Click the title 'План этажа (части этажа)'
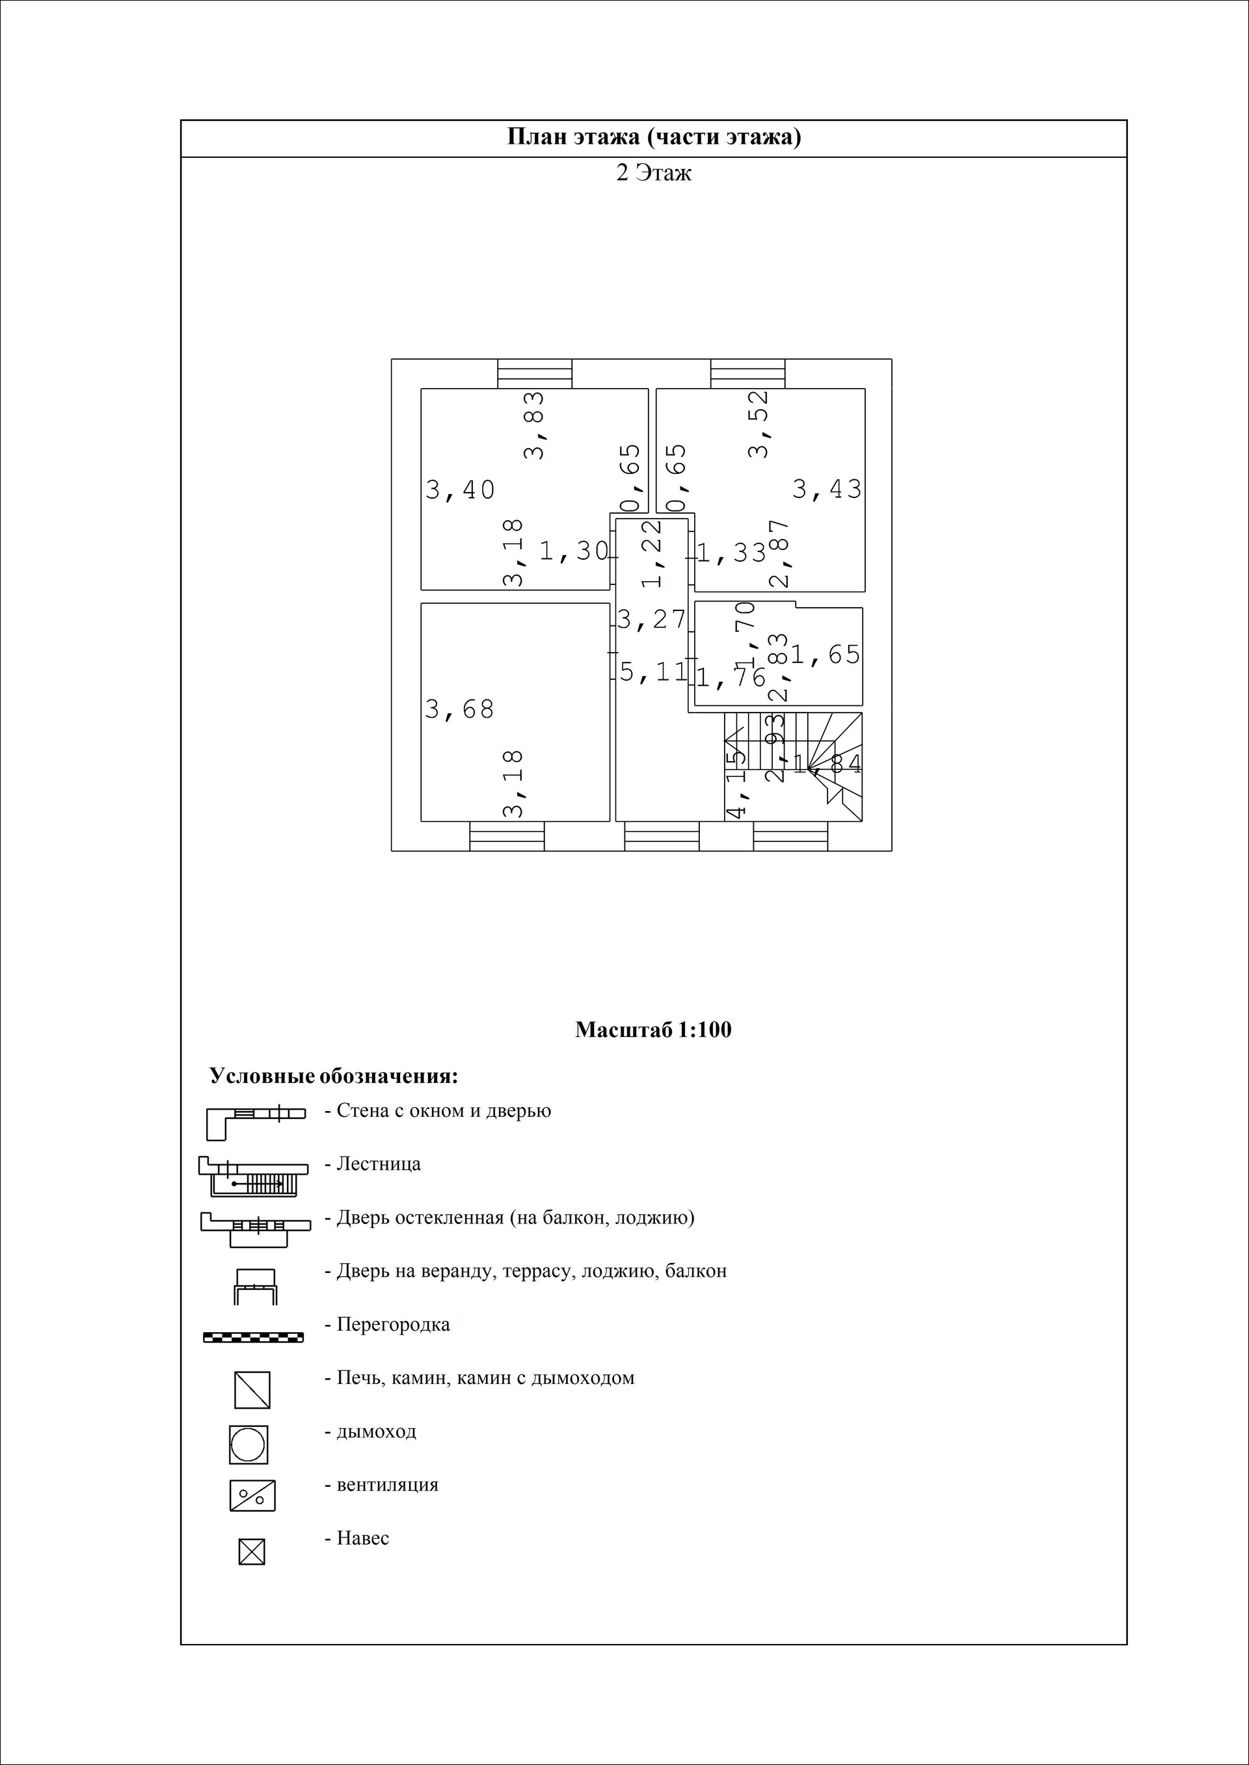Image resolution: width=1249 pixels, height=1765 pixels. tap(654, 138)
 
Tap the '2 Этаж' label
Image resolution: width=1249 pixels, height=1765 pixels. tap(654, 173)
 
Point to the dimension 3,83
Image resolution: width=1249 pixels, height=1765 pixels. tap(533, 425)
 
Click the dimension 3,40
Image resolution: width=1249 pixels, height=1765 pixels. tap(460, 490)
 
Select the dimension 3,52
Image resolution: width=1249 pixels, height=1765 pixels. tap(759, 425)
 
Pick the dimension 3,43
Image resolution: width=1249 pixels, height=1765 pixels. tap(827, 489)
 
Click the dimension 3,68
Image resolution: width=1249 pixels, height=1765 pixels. tap(459, 709)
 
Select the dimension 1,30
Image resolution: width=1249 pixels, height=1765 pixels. tap(574, 551)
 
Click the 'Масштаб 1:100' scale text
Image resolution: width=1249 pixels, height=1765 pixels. tap(653, 1030)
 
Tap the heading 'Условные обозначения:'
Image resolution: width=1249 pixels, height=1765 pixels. tap(334, 1076)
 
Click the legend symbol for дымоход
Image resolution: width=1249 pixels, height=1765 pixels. tap(248, 1445)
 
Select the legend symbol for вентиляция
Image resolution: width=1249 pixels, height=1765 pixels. tap(252, 1496)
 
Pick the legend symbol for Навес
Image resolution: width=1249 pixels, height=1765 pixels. tap(252, 1552)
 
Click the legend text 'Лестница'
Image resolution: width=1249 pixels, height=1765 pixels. tap(379, 1164)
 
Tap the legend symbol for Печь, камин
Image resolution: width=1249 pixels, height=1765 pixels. tap(252, 1390)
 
